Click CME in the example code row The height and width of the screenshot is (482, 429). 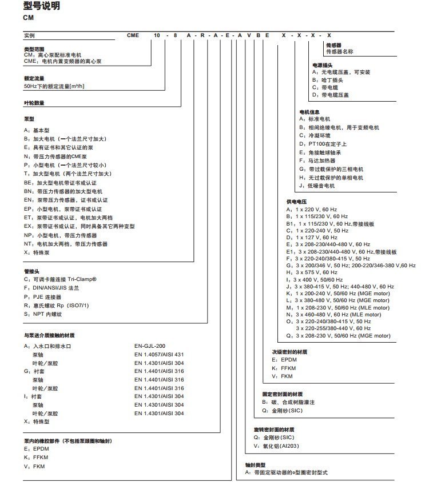[133, 35]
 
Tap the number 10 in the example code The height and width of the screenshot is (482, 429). [156, 35]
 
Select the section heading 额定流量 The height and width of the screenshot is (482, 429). [34, 78]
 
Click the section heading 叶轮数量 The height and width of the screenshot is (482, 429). [34, 103]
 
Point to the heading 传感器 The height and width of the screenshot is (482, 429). [333, 44]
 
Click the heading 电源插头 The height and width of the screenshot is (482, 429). [322, 65]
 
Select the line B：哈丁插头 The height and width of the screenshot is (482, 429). [327, 80]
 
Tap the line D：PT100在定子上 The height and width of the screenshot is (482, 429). [323, 144]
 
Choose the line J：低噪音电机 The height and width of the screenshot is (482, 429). [317, 186]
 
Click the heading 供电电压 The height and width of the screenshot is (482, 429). [297, 202]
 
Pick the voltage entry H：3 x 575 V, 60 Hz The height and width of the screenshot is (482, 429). [312, 272]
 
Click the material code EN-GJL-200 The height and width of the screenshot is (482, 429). [150, 346]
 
